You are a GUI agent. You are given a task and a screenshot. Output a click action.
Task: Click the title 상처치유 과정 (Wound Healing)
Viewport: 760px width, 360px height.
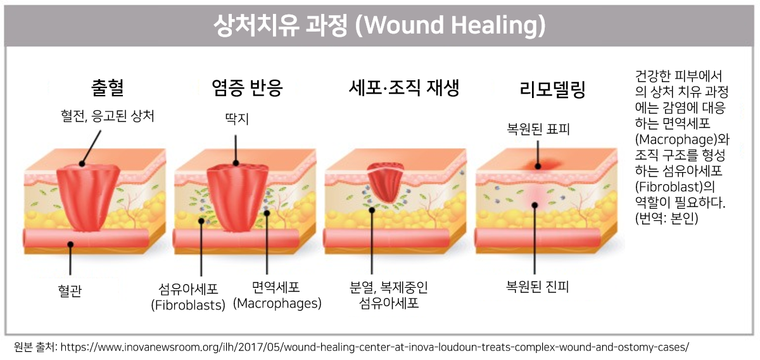click(x=380, y=25)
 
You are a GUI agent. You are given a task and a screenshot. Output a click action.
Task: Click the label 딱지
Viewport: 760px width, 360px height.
click(x=237, y=116)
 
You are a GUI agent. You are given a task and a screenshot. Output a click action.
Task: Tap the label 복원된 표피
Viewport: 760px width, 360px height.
click(x=538, y=130)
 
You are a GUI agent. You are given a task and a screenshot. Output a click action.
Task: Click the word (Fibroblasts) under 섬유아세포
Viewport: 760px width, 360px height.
click(x=188, y=305)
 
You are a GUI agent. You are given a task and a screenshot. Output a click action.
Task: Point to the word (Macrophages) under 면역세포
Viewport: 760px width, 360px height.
click(x=277, y=304)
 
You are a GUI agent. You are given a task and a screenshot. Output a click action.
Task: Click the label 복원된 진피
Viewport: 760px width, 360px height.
click(x=538, y=287)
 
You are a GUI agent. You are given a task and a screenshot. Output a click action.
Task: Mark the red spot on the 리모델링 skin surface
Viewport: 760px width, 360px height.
click(x=537, y=166)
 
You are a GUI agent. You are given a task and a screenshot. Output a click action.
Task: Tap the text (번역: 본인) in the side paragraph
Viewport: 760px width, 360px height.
click(x=666, y=219)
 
